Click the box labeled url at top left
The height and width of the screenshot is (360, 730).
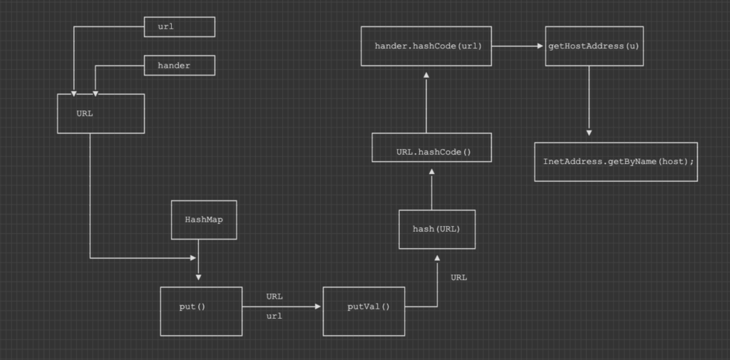tap(179, 27)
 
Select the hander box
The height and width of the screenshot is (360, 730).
tap(179, 66)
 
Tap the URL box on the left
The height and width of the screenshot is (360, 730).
tap(101, 113)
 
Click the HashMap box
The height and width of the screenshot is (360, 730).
tap(204, 220)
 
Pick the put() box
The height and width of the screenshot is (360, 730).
tap(201, 311)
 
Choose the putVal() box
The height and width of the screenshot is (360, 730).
tap(364, 311)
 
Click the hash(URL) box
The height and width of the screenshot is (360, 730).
tap(436, 229)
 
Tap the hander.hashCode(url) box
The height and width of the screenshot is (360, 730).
tap(426, 46)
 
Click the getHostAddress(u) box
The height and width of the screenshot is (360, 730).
tap(594, 46)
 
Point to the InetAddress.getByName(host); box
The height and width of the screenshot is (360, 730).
tap(615, 162)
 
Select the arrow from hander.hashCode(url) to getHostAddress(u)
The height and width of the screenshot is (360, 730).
tap(518, 46)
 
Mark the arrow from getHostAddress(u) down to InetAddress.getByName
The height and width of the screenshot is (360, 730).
tap(589, 100)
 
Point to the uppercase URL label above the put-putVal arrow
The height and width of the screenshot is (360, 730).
tap(274, 296)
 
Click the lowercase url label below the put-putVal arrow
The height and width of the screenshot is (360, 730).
tap(274, 316)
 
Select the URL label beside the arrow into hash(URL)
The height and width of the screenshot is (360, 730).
tap(459, 277)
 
